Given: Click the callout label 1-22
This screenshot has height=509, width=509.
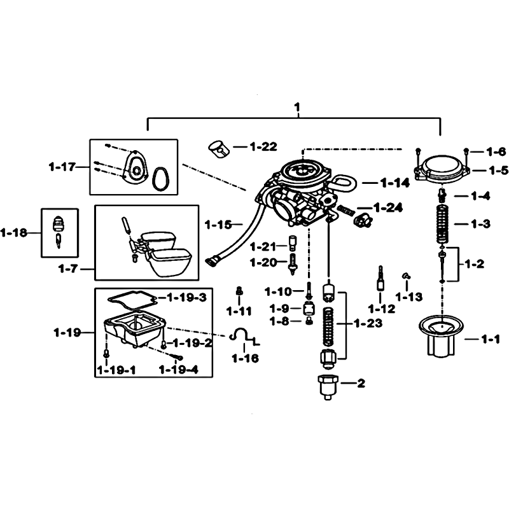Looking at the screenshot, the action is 263,147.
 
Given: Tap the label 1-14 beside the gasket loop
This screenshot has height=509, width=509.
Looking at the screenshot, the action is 395,183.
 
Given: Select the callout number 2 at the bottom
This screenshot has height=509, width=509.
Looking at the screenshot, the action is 361,384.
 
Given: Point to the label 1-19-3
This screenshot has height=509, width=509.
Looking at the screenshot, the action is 186,297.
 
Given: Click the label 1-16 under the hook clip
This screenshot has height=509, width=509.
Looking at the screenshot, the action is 245,358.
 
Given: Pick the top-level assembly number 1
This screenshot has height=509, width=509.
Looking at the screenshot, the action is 297,107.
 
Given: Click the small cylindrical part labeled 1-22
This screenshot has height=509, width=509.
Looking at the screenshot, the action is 219,149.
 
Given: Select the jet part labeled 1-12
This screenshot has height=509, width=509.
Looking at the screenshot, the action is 380,279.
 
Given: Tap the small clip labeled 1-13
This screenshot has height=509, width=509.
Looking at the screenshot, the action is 406,276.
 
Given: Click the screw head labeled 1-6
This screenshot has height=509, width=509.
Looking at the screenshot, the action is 466,150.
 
